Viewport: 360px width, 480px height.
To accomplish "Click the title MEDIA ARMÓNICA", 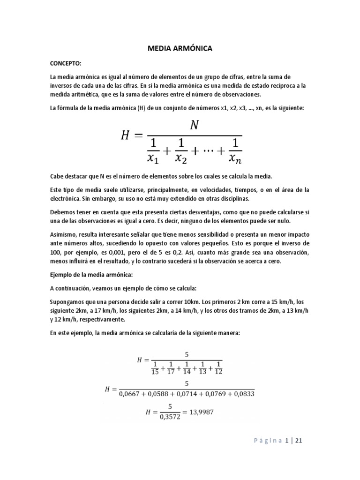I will tap(180, 48).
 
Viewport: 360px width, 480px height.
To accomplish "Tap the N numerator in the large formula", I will tap(194, 125).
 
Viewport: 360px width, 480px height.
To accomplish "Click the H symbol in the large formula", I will tap(125, 136).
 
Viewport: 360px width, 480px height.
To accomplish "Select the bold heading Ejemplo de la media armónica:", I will tap(92, 274).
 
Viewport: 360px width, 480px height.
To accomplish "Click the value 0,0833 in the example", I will tap(244, 394).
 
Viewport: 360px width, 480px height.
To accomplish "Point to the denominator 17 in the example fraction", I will tap(172, 372).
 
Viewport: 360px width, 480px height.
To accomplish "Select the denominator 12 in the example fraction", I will tap(219, 372).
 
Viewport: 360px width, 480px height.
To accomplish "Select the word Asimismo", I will tap(64, 233).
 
